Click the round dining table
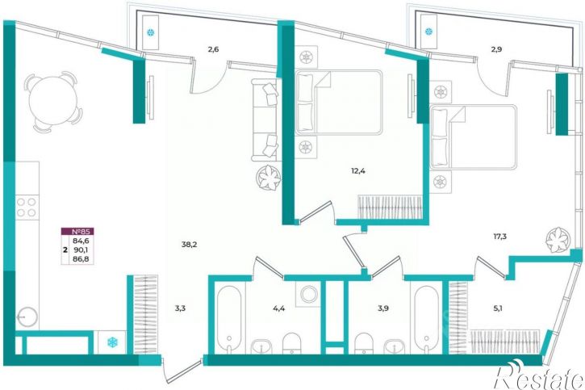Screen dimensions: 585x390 click(x=52, y=101)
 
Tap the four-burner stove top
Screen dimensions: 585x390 click(x=27, y=208)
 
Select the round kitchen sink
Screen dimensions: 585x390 click(x=27, y=317)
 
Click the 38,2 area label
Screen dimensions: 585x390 click(x=189, y=245)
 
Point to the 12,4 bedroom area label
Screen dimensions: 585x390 click(x=357, y=171)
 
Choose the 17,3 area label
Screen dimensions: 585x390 click(x=500, y=236)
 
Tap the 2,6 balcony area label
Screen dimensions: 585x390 click(x=213, y=49)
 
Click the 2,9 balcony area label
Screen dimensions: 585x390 click(x=496, y=49)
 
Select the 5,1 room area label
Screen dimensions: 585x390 click(x=498, y=308)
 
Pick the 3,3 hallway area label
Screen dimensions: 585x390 click(x=180, y=308)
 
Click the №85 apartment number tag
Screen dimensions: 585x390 click(x=77, y=232)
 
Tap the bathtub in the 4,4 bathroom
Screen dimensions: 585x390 click(x=228, y=318)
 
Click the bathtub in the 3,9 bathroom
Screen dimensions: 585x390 click(x=426, y=318)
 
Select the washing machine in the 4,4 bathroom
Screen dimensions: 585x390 click(x=308, y=294)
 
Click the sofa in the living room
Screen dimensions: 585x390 click(x=265, y=120)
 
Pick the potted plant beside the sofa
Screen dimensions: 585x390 click(x=268, y=178)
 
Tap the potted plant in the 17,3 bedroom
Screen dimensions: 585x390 click(x=558, y=240)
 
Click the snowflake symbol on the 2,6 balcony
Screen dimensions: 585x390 click(x=151, y=32)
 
